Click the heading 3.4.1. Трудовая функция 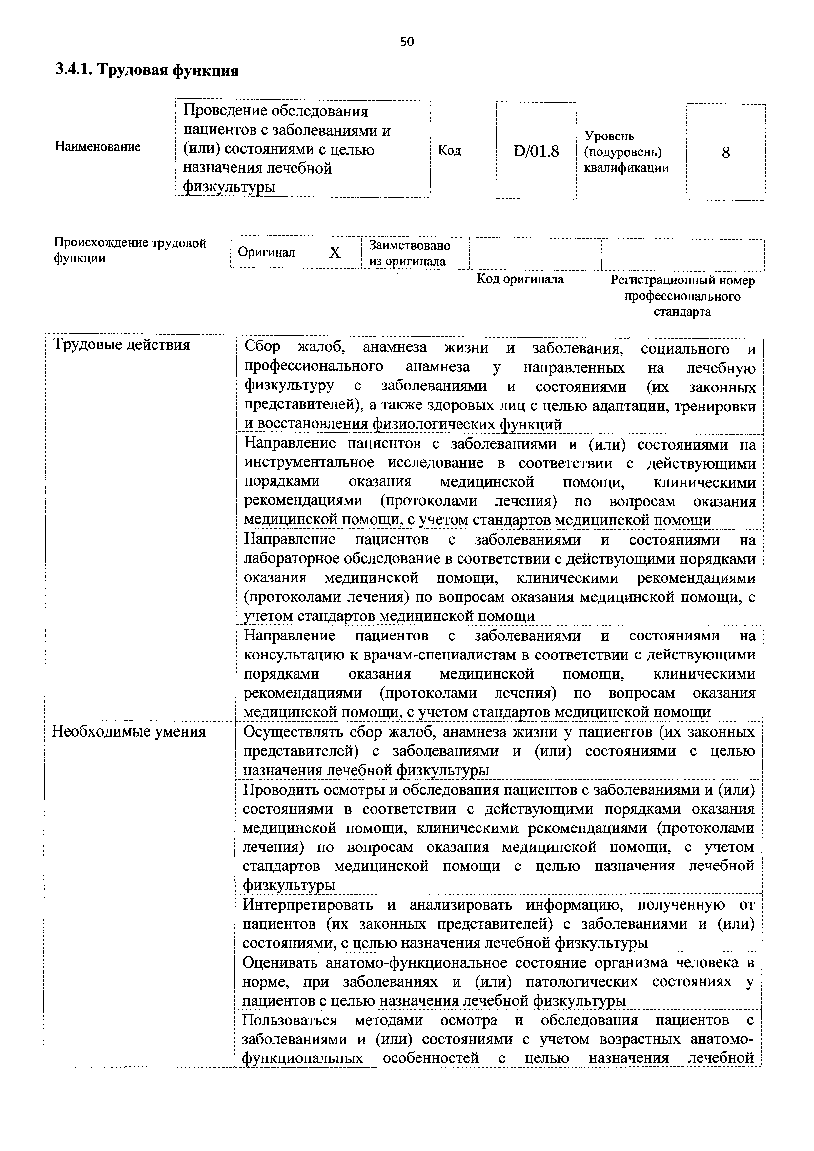pyautogui.click(x=146, y=71)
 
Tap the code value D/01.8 pyautogui.click(x=536, y=151)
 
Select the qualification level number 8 pyautogui.click(x=725, y=152)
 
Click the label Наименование pyautogui.click(x=98, y=147)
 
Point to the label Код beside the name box pyautogui.click(x=450, y=150)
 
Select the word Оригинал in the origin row pyautogui.click(x=266, y=252)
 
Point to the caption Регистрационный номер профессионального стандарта pyautogui.click(x=682, y=296)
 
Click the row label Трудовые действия pyautogui.click(x=122, y=345)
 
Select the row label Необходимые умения pyautogui.click(x=129, y=732)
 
